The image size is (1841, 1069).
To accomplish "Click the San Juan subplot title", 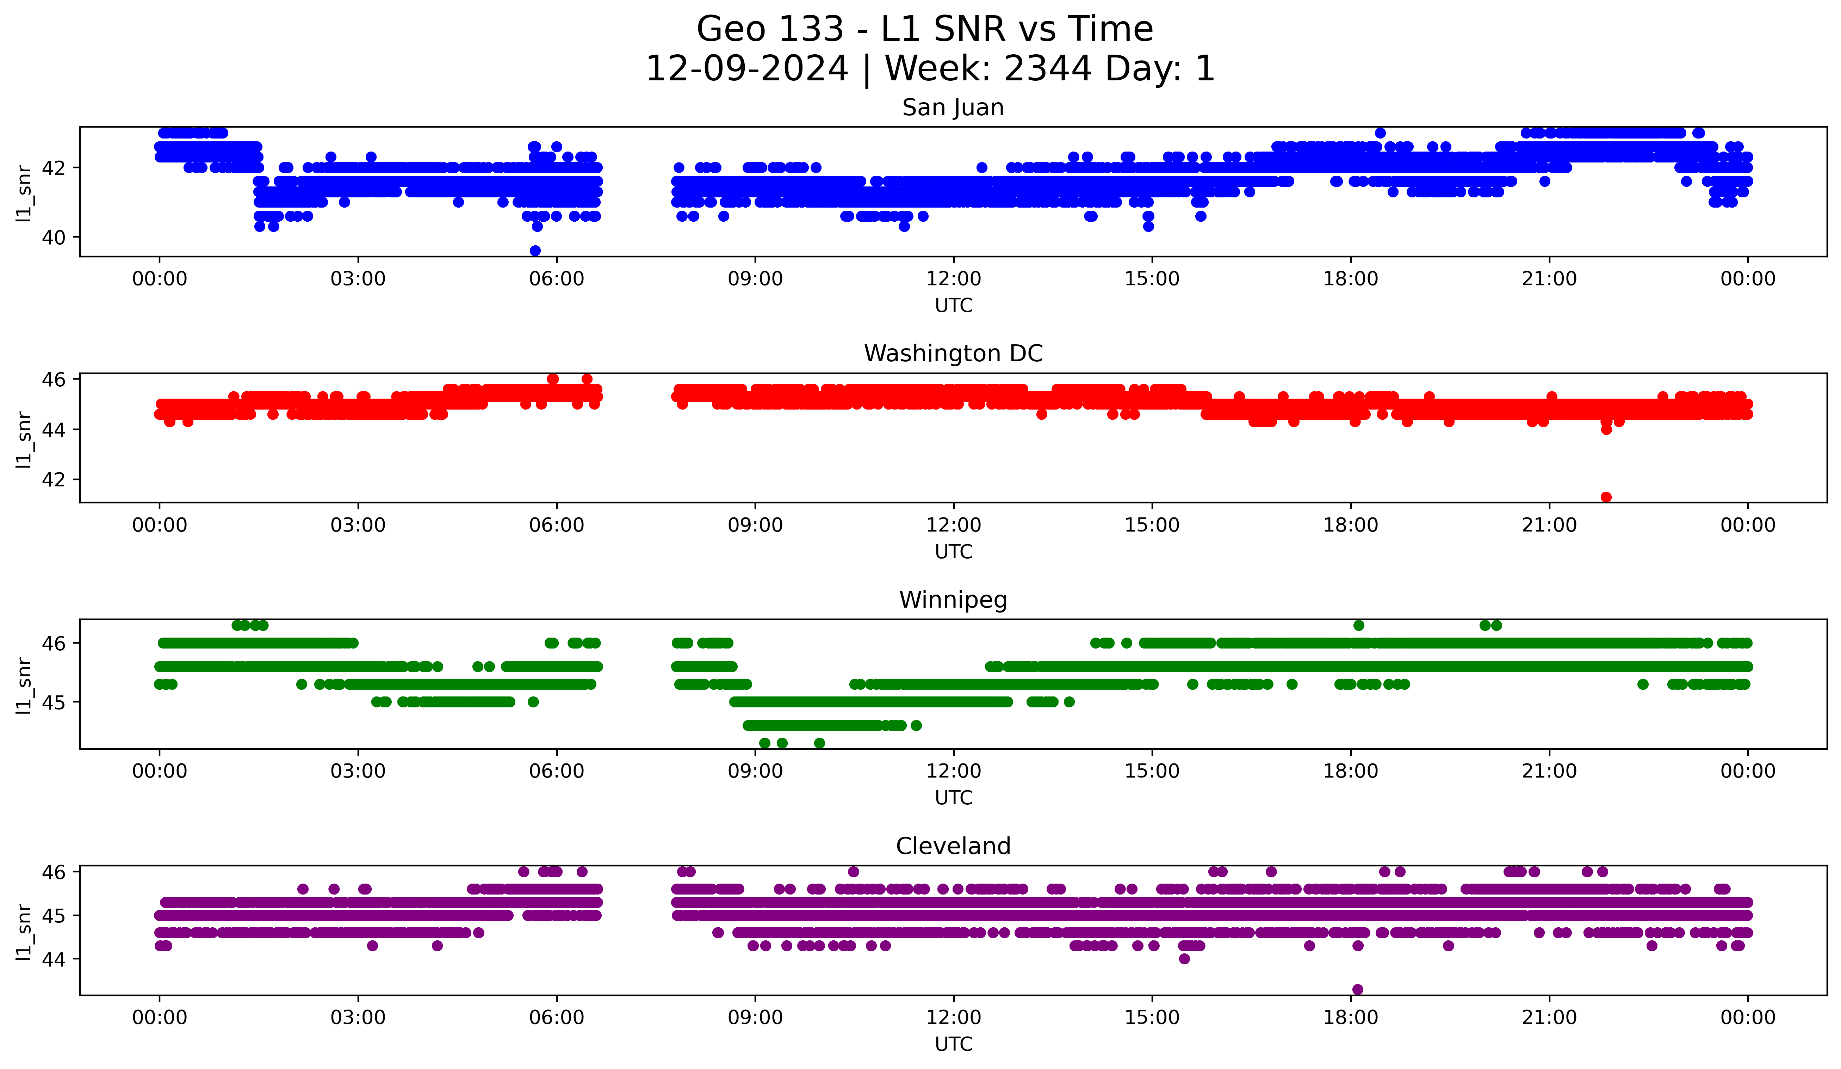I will pyautogui.click(x=953, y=107).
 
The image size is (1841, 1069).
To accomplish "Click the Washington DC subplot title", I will pyautogui.click(x=953, y=354).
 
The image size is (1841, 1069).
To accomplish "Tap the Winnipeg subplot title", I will pyautogui.click(x=953, y=600).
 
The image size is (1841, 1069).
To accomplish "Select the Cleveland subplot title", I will pyautogui.click(x=953, y=846).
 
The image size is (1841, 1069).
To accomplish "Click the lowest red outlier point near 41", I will pyautogui.click(x=1606, y=497).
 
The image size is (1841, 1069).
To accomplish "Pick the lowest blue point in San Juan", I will pyautogui.click(x=535, y=251).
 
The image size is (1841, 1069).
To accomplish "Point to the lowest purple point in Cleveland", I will pyautogui.click(x=1357, y=989).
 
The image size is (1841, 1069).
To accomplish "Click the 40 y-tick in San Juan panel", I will pyautogui.click(x=54, y=238).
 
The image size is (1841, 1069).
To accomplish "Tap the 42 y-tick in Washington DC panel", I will pyautogui.click(x=54, y=479).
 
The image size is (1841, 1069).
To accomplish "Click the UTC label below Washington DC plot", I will pyautogui.click(x=953, y=552).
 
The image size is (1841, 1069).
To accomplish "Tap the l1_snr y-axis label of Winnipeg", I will pyautogui.click(x=23, y=685).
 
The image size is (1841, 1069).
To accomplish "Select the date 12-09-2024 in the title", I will pyautogui.click(x=746, y=69).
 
